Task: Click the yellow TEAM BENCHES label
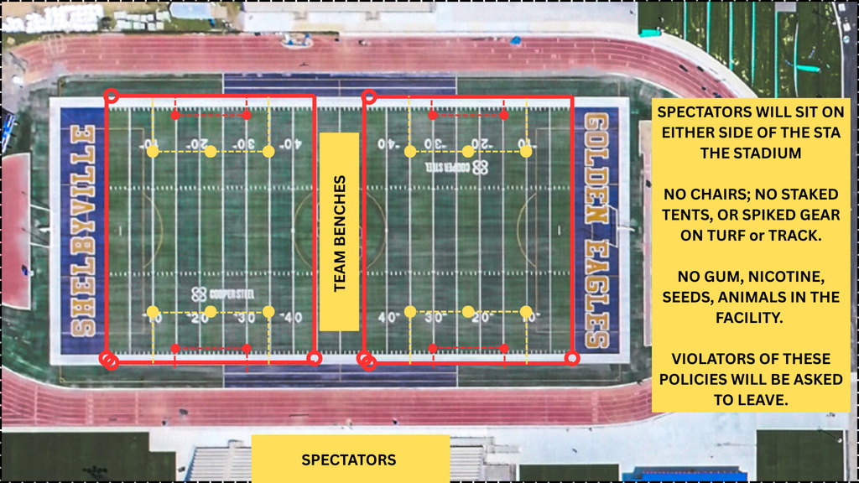[339, 232]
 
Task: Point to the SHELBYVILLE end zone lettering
[82, 231]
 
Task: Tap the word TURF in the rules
[729, 236]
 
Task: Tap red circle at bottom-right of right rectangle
[572, 358]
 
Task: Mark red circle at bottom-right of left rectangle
[314, 358]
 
